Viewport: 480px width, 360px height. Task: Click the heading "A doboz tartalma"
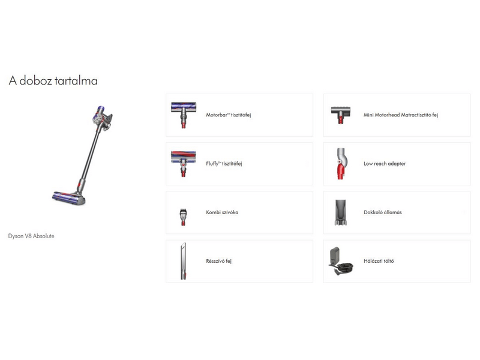[53, 80]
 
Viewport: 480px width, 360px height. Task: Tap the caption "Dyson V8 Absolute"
[31, 236]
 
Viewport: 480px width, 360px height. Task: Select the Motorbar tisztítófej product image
[183, 114]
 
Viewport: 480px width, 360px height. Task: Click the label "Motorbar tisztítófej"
[228, 115]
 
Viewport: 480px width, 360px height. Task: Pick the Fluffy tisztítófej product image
[183, 163]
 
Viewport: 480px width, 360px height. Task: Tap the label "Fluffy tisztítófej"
[224, 164]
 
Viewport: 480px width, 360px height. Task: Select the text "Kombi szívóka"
[222, 212]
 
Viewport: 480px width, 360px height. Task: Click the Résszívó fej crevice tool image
[183, 261]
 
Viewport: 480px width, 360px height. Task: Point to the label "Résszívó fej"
[218, 262]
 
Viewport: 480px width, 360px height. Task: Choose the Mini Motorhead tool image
[340, 114]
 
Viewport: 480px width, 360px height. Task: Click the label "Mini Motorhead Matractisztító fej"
[400, 115]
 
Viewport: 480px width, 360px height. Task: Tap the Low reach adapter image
[340, 163]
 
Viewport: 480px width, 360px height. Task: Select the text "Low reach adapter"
[385, 164]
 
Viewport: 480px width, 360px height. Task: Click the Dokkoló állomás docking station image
[340, 213]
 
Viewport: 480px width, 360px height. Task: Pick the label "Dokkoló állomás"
[382, 212]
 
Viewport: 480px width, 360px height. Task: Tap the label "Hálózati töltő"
[379, 262]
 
